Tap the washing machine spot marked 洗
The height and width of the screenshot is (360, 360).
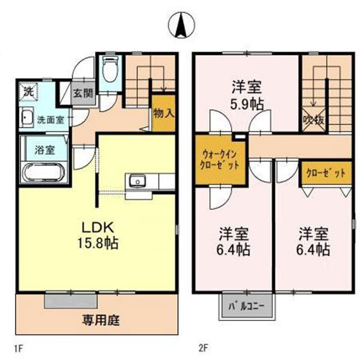[28, 92]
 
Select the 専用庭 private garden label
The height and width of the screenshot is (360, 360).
[101, 319]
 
